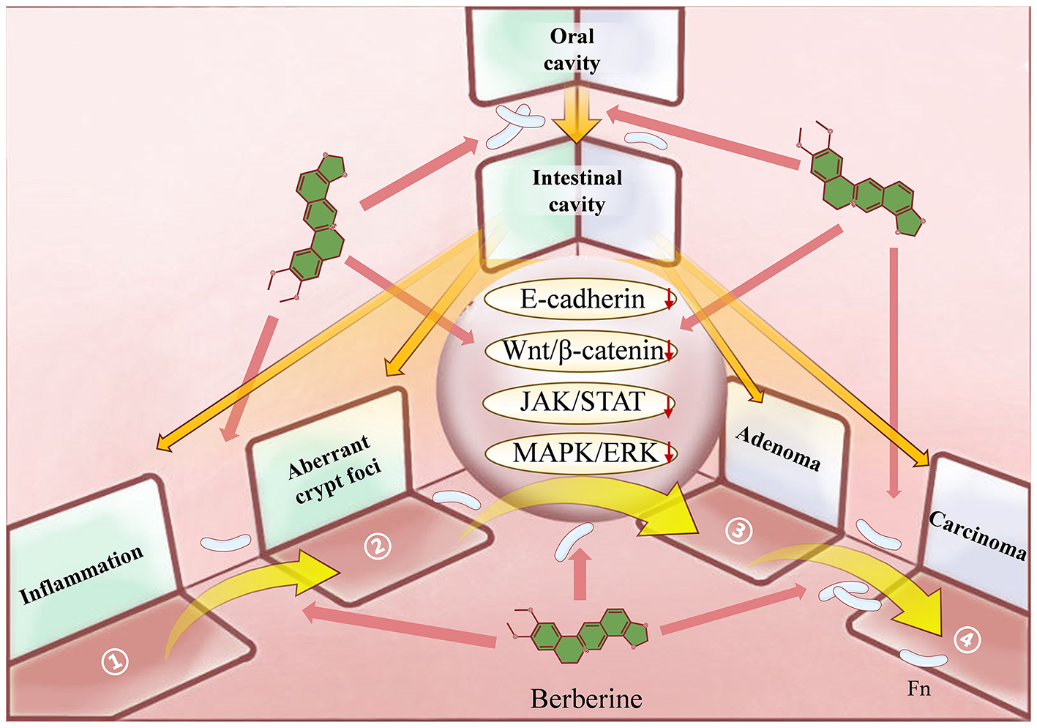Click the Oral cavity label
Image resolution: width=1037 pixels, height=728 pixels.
click(x=572, y=49)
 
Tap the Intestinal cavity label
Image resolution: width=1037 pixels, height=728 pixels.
click(x=577, y=190)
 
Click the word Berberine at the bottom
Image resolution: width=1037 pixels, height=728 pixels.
click(x=586, y=699)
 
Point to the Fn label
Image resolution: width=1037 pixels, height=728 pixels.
click(x=919, y=688)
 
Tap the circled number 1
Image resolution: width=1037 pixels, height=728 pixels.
click(x=115, y=661)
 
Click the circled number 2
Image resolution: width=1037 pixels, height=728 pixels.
click(x=378, y=546)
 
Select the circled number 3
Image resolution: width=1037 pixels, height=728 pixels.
click(x=738, y=530)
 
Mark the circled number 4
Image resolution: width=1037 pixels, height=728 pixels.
click(x=967, y=640)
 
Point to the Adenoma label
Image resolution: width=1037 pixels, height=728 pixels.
click(x=778, y=448)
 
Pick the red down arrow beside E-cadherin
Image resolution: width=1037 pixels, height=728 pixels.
click(x=668, y=300)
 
